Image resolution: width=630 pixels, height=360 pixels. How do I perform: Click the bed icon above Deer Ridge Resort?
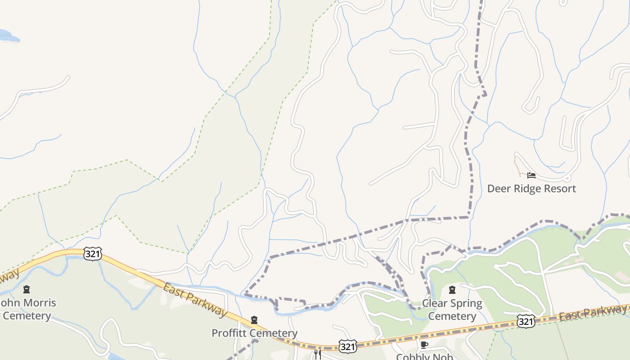tap(531, 175)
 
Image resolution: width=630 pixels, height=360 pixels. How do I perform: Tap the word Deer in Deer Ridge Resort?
tap(499, 189)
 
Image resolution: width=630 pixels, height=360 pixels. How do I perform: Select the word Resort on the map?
tap(561, 189)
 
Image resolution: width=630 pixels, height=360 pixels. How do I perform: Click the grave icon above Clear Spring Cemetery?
tap(452, 290)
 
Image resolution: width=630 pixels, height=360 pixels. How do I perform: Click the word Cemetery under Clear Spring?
tap(452, 316)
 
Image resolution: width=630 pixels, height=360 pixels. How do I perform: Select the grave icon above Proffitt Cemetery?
tap(254, 320)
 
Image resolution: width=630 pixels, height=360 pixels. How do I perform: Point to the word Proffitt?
tap(230, 333)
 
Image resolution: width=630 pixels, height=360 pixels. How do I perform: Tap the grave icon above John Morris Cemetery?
tap(27, 289)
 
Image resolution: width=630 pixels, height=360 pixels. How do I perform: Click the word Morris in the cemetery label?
tap(39, 303)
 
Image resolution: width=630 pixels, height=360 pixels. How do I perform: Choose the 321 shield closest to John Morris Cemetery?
tap(93, 254)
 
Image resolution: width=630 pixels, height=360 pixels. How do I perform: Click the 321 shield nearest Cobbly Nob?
tap(348, 346)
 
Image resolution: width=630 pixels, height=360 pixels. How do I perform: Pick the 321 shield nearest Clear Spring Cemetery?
tap(526, 321)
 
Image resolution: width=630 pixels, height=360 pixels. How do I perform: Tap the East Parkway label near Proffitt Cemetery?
tap(195, 300)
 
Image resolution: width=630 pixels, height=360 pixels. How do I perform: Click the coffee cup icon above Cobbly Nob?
tap(423, 345)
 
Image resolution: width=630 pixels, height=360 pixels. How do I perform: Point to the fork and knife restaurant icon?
tap(318, 355)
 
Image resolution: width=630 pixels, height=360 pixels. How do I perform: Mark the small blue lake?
tap(8, 36)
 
